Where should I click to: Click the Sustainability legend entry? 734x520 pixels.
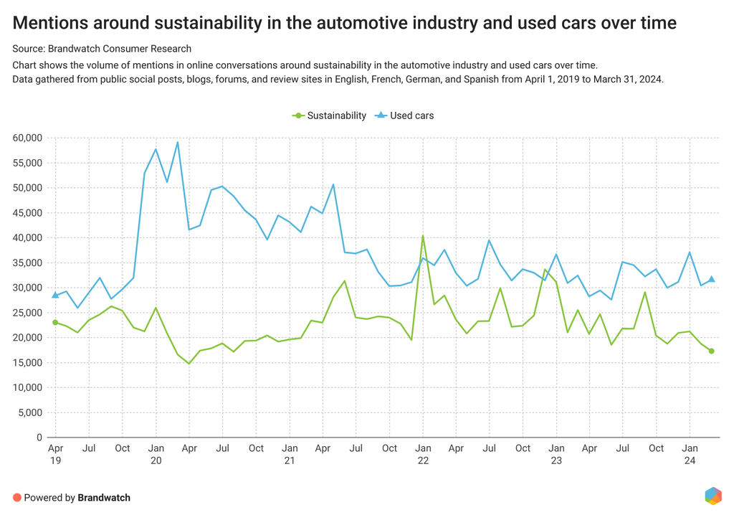(x=330, y=115)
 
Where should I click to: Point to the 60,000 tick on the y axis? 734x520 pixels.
(x=27, y=138)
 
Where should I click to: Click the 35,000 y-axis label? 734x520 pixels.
(x=27, y=263)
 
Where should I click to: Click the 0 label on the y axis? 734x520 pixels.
(x=39, y=438)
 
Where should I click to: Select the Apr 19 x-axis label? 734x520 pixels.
(x=55, y=454)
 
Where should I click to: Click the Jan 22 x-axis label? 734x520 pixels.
(x=423, y=454)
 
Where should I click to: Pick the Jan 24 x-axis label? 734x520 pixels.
(x=690, y=454)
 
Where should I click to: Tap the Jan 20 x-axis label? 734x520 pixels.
(x=156, y=454)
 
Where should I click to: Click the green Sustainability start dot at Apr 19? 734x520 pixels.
(x=55, y=322)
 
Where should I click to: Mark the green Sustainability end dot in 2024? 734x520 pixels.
(x=712, y=351)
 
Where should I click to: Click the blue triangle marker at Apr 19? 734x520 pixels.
(x=55, y=295)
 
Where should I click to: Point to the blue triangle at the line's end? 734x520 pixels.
(x=712, y=279)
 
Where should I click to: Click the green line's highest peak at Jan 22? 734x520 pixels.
(x=423, y=235)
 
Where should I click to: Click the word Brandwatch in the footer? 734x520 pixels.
(x=104, y=498)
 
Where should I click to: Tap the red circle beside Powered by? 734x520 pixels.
(x=17, y=498)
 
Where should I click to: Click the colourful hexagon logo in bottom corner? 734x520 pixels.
(x=712, y=496)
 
